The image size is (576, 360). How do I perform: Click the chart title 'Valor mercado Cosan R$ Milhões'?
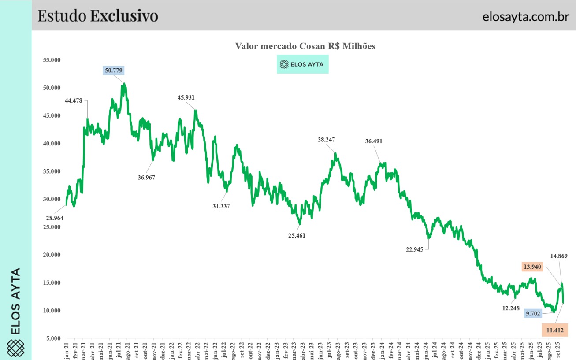point(305,46)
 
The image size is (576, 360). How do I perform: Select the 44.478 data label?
point(73,100)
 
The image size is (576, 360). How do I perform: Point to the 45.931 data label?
point(186,97)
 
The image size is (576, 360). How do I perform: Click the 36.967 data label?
point(146,177)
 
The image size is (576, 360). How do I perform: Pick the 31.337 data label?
point(221,206)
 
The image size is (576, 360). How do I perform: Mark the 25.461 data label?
point(297,235)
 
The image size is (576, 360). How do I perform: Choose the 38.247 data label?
point(326,140)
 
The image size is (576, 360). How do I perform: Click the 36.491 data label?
point(374,141)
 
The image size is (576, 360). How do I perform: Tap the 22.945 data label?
point(415,249)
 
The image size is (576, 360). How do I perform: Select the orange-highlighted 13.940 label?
point(533,266)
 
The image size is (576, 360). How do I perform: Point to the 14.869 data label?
point(558,256)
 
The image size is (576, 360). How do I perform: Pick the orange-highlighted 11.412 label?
point(554,330)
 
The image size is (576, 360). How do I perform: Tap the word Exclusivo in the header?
point(124,16)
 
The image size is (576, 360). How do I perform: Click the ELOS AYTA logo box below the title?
point(302,64)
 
